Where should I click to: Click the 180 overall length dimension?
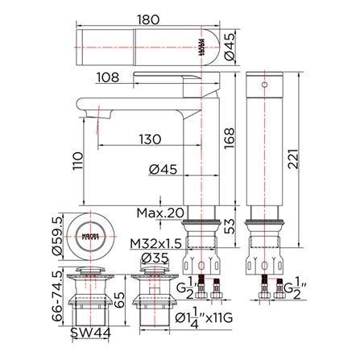click(147, 14)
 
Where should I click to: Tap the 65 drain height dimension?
click(119, 301)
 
